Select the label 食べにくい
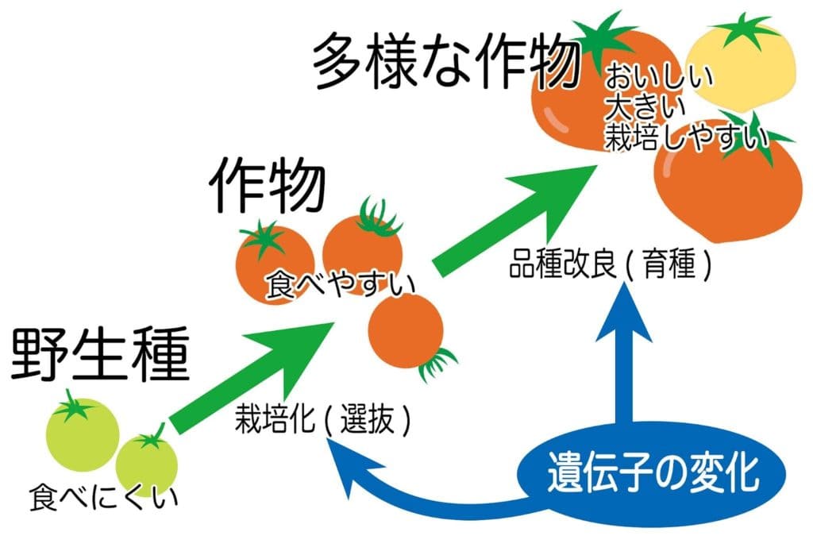coord(102,498)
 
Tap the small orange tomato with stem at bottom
coord(406,332)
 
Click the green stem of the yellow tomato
coord(744,29)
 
